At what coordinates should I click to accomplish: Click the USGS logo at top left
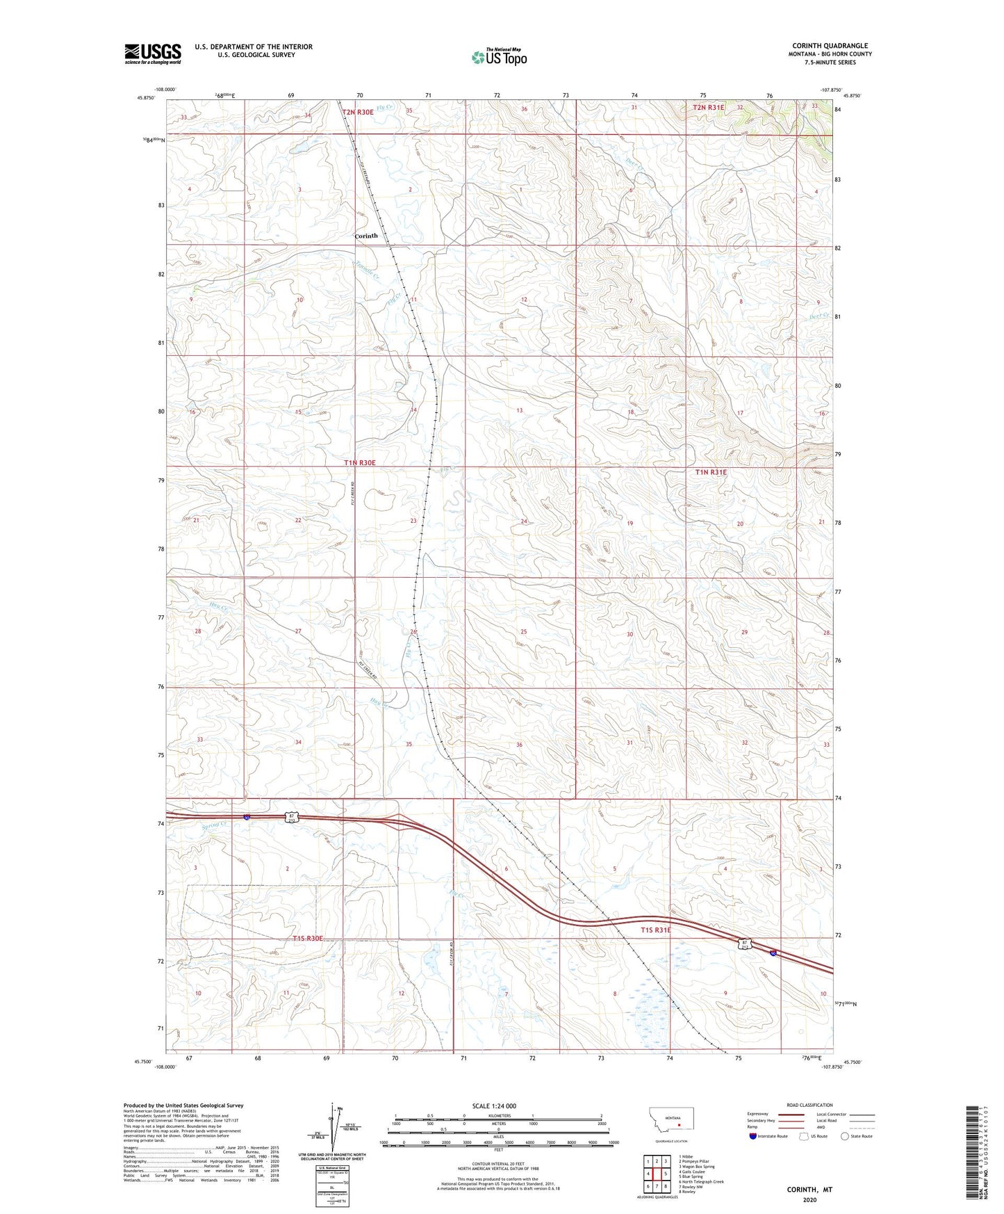[x=153, y=54]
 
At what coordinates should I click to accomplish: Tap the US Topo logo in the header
[x=498, y=57]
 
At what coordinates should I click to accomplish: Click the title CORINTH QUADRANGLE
[x=830, y=46]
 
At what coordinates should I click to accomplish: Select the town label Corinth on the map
[x=366, y=236]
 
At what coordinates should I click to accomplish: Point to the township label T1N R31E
[x=711, y=472]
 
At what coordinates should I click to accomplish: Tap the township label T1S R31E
[x=656, y=930]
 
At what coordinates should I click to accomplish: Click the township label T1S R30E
[x=308, y=939]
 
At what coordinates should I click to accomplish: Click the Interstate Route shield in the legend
[x=753, y=1137]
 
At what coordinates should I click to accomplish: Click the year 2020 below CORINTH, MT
[x=809, y=1200]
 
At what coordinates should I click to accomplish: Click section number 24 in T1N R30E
[x=524, y=521]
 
